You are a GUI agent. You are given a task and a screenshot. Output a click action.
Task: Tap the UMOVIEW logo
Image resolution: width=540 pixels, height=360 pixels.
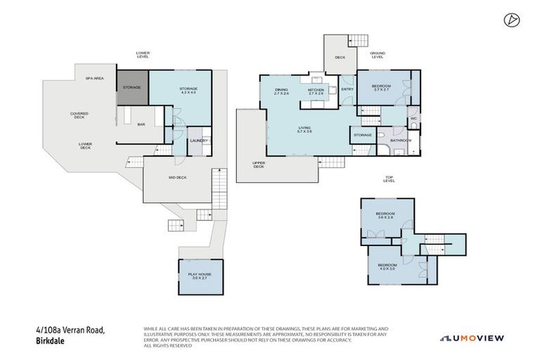coord(472,338)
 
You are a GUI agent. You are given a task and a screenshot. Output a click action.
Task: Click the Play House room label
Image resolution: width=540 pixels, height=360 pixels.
coord(200,276)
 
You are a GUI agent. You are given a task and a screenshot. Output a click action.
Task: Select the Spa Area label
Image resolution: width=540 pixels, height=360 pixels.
coord(95,78)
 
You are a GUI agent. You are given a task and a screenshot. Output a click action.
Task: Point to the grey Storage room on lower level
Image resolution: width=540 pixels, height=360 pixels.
coord(131,87)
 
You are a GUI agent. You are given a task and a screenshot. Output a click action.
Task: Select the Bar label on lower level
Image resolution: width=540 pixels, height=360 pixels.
coord(141,124)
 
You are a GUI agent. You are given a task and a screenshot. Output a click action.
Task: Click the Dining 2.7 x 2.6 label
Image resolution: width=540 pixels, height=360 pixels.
coord(281,91)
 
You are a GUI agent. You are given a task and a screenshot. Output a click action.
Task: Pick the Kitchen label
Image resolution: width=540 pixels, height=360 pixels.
coord(316,91)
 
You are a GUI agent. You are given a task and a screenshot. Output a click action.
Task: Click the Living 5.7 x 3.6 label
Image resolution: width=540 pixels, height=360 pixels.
coord(304,129)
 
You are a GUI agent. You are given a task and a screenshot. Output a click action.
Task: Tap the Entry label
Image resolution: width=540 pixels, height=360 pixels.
coord(347,89)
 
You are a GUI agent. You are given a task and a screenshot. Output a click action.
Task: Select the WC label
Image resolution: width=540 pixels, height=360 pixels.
coord(414,118)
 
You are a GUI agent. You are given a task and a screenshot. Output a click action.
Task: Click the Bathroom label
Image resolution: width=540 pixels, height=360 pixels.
coord(401,140)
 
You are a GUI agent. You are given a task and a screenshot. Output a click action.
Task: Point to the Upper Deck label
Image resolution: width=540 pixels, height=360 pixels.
coord(258,165)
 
